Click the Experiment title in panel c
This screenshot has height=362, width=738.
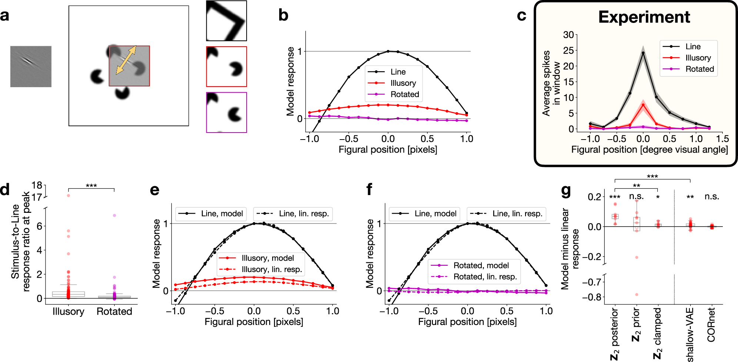coord(644,17)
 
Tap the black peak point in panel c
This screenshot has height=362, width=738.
coord(643,53)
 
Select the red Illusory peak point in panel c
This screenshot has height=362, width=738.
coord(643,105)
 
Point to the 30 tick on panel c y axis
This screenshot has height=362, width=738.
coord(568,35)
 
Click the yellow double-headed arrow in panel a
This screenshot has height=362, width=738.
coord(126,60)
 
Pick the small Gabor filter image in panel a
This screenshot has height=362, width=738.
coord(31,67)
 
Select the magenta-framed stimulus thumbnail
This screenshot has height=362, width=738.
coord(226,113)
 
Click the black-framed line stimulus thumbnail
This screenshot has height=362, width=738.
coord(226,21)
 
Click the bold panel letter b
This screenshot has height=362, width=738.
coord(283,16)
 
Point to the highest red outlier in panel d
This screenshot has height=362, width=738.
coord(69,195)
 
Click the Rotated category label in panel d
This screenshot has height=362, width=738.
coord(114,312)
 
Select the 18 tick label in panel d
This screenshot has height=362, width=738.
coord(37,185)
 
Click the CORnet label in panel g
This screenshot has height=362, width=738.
coord(711,325)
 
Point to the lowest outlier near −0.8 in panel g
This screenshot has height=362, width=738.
coord(637,295)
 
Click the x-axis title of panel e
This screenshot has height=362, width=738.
coord(254,322)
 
